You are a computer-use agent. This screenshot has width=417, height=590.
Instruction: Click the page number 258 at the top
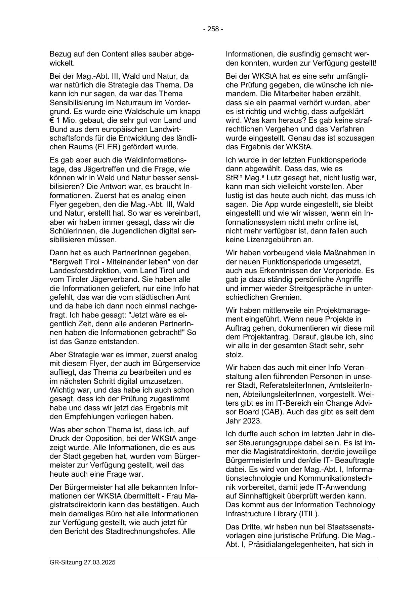[x=213, y=29]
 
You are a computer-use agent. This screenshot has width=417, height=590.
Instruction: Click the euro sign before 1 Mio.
[x=52, y=120]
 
